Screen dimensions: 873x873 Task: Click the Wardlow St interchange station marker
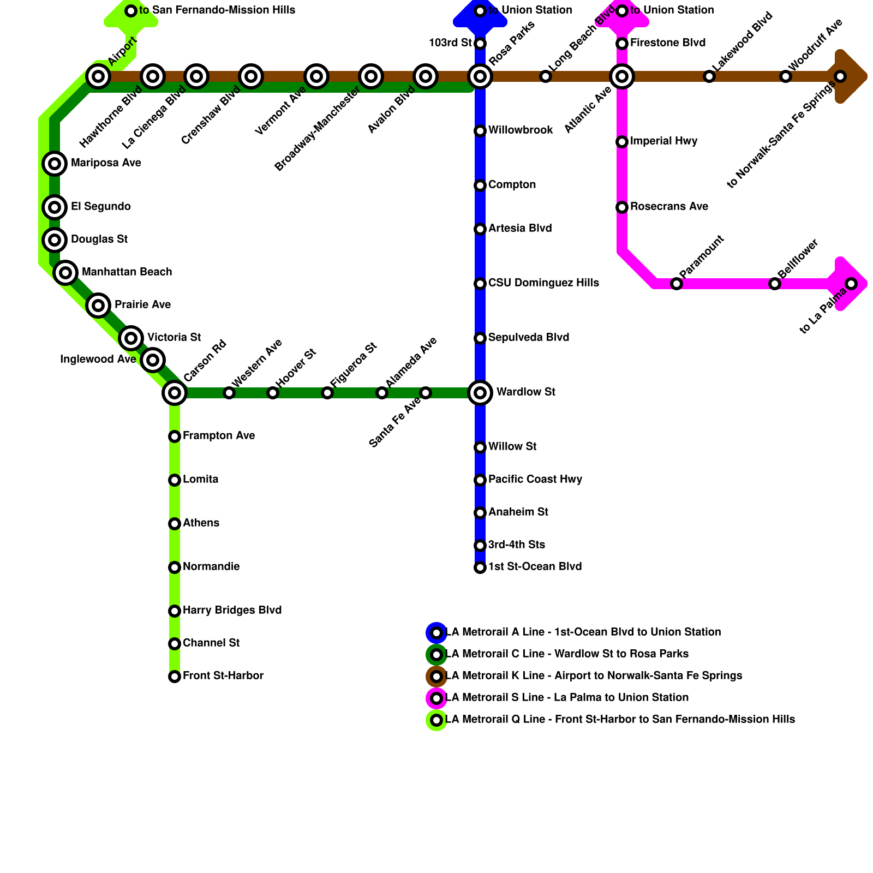tap(480, 393)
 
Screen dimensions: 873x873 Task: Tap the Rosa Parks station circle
tap(480, 76)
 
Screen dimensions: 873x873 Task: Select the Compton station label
tap(512, 185)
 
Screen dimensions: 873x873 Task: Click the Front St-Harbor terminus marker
tap(175, 677)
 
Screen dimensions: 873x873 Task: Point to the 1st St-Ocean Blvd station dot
tap(480, 567)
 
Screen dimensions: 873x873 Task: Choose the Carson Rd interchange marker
tap(175, 393)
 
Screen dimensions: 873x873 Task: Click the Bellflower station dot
tap(775, 284)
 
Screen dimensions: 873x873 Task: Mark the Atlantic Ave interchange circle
tap(622, 76)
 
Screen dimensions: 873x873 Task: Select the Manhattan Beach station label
tap(127, 272)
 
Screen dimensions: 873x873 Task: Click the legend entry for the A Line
tap(583, 632)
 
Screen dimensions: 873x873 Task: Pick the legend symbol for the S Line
tap(436, 698)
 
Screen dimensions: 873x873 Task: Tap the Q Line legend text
tap(620, 720)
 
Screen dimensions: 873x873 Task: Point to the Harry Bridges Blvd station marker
tap(175, 611)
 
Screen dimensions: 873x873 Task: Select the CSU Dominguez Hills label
tap(543, 283)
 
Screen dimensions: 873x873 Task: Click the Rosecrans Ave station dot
tap(622, 207)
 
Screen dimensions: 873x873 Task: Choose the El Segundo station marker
tap(55, 207)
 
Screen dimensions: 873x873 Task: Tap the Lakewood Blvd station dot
tap(709, 76)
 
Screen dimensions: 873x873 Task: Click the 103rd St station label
tap(450, 43)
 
